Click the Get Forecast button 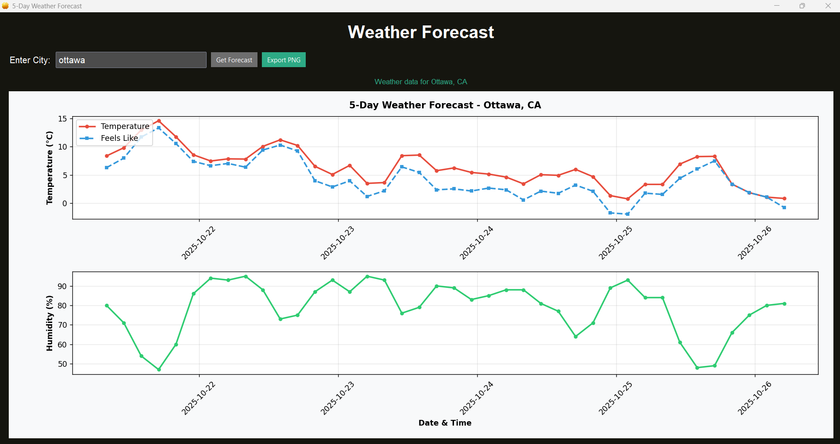(x=234, y=60)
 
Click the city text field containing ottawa (x=131, y=60)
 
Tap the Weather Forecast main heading (x=421, y=32)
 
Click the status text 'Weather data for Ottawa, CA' (x=421, y=82)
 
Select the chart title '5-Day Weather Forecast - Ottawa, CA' (x=445, y=105)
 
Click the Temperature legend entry (x=125, y=126)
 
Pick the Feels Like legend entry (x=119, y=138)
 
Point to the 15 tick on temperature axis (x=62, y=119)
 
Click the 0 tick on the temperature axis (x=64, y=203)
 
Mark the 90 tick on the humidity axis (x=62, y=286)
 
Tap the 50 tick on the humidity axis (x=62, y=364)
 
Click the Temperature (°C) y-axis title (x=50, y=168)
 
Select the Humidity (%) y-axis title (x=50, y=323)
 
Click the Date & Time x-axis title (x=445, y=423)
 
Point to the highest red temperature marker (x=159, y=121)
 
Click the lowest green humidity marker (x=159, y=369)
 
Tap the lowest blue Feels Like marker (x=628, y=214)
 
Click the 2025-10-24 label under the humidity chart (x=476, y=398)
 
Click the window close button (x=828, y=6)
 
